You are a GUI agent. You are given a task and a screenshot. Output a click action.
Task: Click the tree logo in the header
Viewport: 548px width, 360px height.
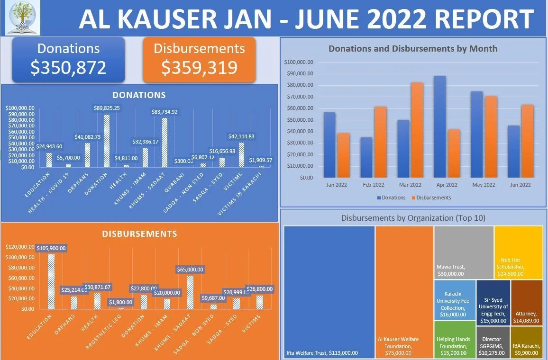pos(23,18)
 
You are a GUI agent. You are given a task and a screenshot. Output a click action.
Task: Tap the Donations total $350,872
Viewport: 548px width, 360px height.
pos(68,67)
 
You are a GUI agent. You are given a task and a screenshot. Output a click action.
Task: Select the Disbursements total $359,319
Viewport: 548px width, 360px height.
pos(199,67)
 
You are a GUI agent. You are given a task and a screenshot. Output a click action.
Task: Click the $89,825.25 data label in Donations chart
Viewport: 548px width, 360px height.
pos(107,108)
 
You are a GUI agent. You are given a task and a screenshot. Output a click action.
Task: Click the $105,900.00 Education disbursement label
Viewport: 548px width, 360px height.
pos(51,248)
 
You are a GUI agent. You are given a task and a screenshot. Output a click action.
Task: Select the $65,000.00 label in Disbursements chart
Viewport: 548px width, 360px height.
pos(190,270)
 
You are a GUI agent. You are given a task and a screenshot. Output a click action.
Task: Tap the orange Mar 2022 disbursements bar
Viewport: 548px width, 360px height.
pos(417,130)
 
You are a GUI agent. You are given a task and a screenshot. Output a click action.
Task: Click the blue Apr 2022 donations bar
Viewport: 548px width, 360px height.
pos(439,126)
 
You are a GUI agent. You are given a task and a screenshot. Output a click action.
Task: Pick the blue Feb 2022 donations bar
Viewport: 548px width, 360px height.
pos(366,157)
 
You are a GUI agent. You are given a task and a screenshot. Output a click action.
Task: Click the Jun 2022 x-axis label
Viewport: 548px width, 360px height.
pos(520,185)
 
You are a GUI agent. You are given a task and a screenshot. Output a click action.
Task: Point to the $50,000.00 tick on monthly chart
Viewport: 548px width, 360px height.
pos(300,120)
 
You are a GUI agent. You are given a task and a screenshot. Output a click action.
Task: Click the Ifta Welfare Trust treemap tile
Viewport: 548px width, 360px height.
pos(329,289)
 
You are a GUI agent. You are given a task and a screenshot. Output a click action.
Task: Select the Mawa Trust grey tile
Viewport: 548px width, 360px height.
pos(464,252)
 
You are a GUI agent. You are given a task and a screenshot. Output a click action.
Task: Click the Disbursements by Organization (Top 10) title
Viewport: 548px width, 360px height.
pos(413,218)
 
